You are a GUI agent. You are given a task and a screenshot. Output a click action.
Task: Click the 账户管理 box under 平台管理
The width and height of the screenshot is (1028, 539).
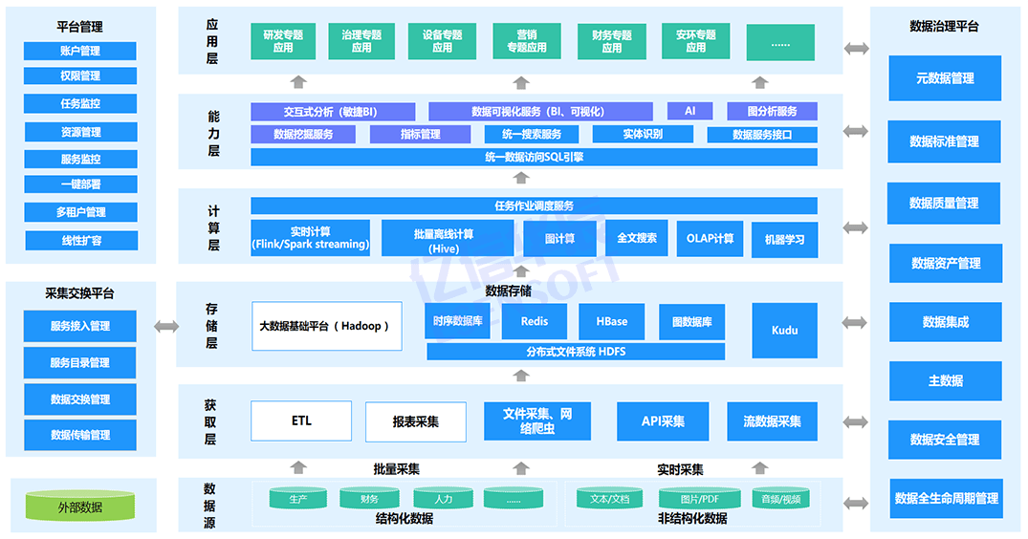[80, 51]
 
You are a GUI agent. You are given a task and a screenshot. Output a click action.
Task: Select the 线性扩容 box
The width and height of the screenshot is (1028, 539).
[80, 240]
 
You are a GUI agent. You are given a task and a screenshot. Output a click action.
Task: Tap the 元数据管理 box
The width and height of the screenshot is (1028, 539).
[945, 78]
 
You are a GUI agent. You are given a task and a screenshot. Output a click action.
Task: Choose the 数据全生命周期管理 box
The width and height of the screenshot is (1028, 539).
[945, 498]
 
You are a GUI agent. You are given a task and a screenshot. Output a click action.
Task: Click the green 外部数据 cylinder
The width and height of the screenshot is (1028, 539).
[80, 507]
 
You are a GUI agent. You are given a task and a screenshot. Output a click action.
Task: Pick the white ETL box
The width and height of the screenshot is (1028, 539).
[301, 421]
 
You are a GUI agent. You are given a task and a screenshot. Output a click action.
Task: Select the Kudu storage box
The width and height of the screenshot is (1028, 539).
[784, 330]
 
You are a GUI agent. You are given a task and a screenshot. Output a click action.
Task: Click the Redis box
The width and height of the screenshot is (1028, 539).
[535, 322]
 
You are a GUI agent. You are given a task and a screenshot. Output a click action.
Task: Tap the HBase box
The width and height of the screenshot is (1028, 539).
[612, 322]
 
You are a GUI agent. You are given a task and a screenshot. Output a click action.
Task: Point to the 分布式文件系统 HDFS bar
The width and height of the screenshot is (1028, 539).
[576, 352]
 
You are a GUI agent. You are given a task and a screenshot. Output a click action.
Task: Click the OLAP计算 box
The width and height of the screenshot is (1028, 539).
[710, 238]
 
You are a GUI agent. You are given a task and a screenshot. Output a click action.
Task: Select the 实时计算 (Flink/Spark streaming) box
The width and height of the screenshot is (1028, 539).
[311, 238]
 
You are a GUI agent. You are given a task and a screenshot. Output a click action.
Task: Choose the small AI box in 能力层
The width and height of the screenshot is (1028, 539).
[690, 111]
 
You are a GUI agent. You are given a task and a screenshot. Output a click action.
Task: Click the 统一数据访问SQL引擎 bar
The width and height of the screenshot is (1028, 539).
[534, 157]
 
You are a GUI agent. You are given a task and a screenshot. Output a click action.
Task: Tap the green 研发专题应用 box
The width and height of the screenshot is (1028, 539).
[283, 41]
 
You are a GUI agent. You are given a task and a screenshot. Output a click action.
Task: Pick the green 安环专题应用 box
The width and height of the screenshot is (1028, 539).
[695, 41]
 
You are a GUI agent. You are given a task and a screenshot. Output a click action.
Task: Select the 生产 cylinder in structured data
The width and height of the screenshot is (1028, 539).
[298, 499]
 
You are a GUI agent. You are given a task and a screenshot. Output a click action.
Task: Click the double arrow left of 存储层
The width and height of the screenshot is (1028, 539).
[166, 327]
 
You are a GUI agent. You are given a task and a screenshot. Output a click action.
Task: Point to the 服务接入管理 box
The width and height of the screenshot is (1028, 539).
[80, 326]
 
